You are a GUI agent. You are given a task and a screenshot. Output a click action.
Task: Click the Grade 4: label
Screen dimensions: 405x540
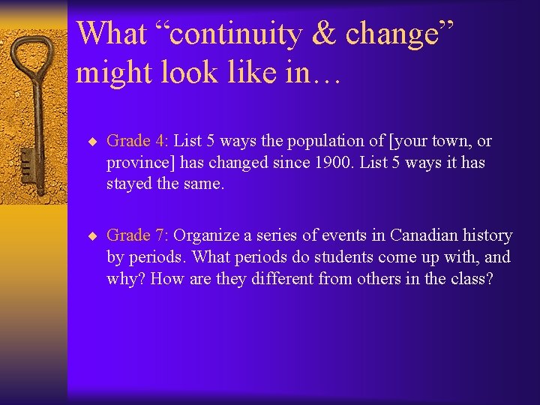pyautogui.click(x=138, y=141)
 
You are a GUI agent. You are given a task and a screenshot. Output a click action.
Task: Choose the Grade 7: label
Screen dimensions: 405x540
pyautogui.click(x=138, y=235)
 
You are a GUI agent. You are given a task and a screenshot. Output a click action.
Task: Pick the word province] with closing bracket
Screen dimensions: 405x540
pyautogui.click(x=139, y=163)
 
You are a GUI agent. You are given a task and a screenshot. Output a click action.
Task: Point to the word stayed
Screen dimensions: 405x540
pyautogui.click(x=129, y=184)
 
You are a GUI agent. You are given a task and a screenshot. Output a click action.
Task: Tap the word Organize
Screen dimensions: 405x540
pyautogui.click(x=204, y=235)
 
